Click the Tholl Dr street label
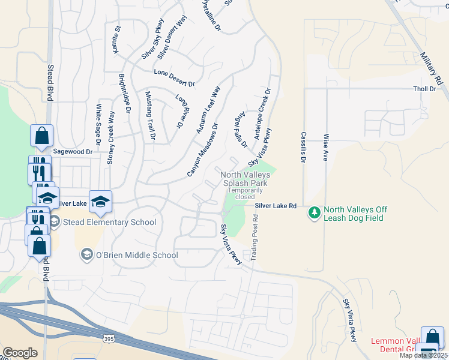pyautogui.click(x=424, y=89)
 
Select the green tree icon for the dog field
pyautogui.click(x=314, y=213)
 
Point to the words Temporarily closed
pyautogui.click(x=245, y=193)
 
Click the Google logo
pyautogui.click(x=20, y=353)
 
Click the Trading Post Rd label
pyautogui.click(x=254, y=238)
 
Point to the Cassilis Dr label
pyautogui.click(x=304, y=147)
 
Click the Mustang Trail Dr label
pyautogui.click(x=150, y=116)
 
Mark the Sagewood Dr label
pyautogui.click(x=73, y=152)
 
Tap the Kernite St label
pyautogui.click(x=118, y=39)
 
